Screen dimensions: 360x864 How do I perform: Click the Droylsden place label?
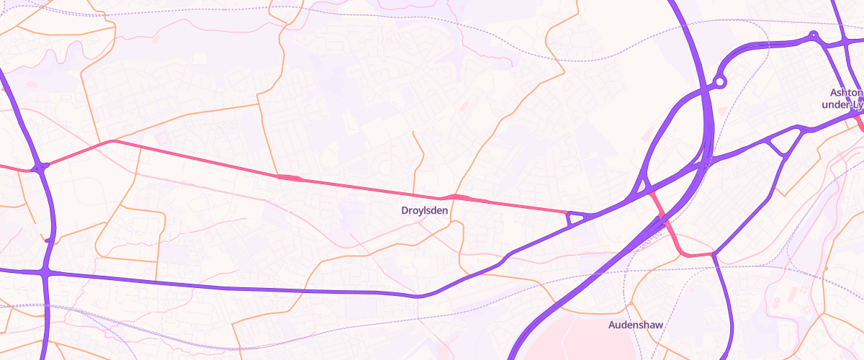pyautogui.click(x=424, y=210)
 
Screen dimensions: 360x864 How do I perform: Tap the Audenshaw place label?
pyautogui.click(x=635, y=325)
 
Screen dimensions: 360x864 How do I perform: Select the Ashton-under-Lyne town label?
pyautogui.click(x=846, y=98)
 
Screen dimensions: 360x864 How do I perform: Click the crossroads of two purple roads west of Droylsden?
pyautogui.click(x=47, y=271)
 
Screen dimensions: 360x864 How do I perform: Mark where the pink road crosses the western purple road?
pyautogui.click(x=41, y=168)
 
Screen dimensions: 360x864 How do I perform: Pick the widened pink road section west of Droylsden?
pyautogui.click(x=289, y=177)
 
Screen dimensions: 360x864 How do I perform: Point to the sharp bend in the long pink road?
pyautogui.click(x=112, y=141)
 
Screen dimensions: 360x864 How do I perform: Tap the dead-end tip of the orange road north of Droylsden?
pyautogui.click(x=413, y=132)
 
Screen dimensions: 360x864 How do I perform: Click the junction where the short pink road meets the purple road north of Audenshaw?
pyautogui.click(x=713, y=254)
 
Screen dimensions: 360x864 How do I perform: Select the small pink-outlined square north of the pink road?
pyautogui.click(x=161, y=136)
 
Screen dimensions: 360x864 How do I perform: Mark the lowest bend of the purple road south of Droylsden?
pyautogui.click(x=418, y=295)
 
